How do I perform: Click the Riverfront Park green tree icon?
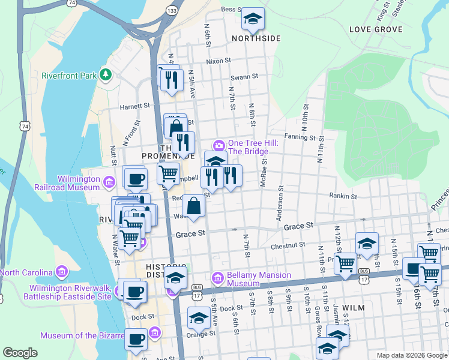pyautogui.click(x=106, y=74)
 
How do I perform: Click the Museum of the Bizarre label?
pyautogui.click(x=93, y=335)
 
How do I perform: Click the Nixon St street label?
pyautogui.click(x=218, y=61)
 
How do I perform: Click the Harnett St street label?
pyautogui.click(x=135, y=106)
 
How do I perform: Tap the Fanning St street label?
pyautogui.click(x=300, y=137)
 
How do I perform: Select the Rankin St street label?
pyautogui.click(x=343, y=196)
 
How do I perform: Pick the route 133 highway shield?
pyautogui.click(x=172, y=11)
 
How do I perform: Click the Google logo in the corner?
pyautogui.click(x=20, y=353)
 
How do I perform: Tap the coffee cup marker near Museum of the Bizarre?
pyautogui.click(x=136, y=339)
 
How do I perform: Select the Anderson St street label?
pyautogui.click(x=280, y=206)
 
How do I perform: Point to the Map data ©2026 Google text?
pyautogui.click(x=411, y=355)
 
